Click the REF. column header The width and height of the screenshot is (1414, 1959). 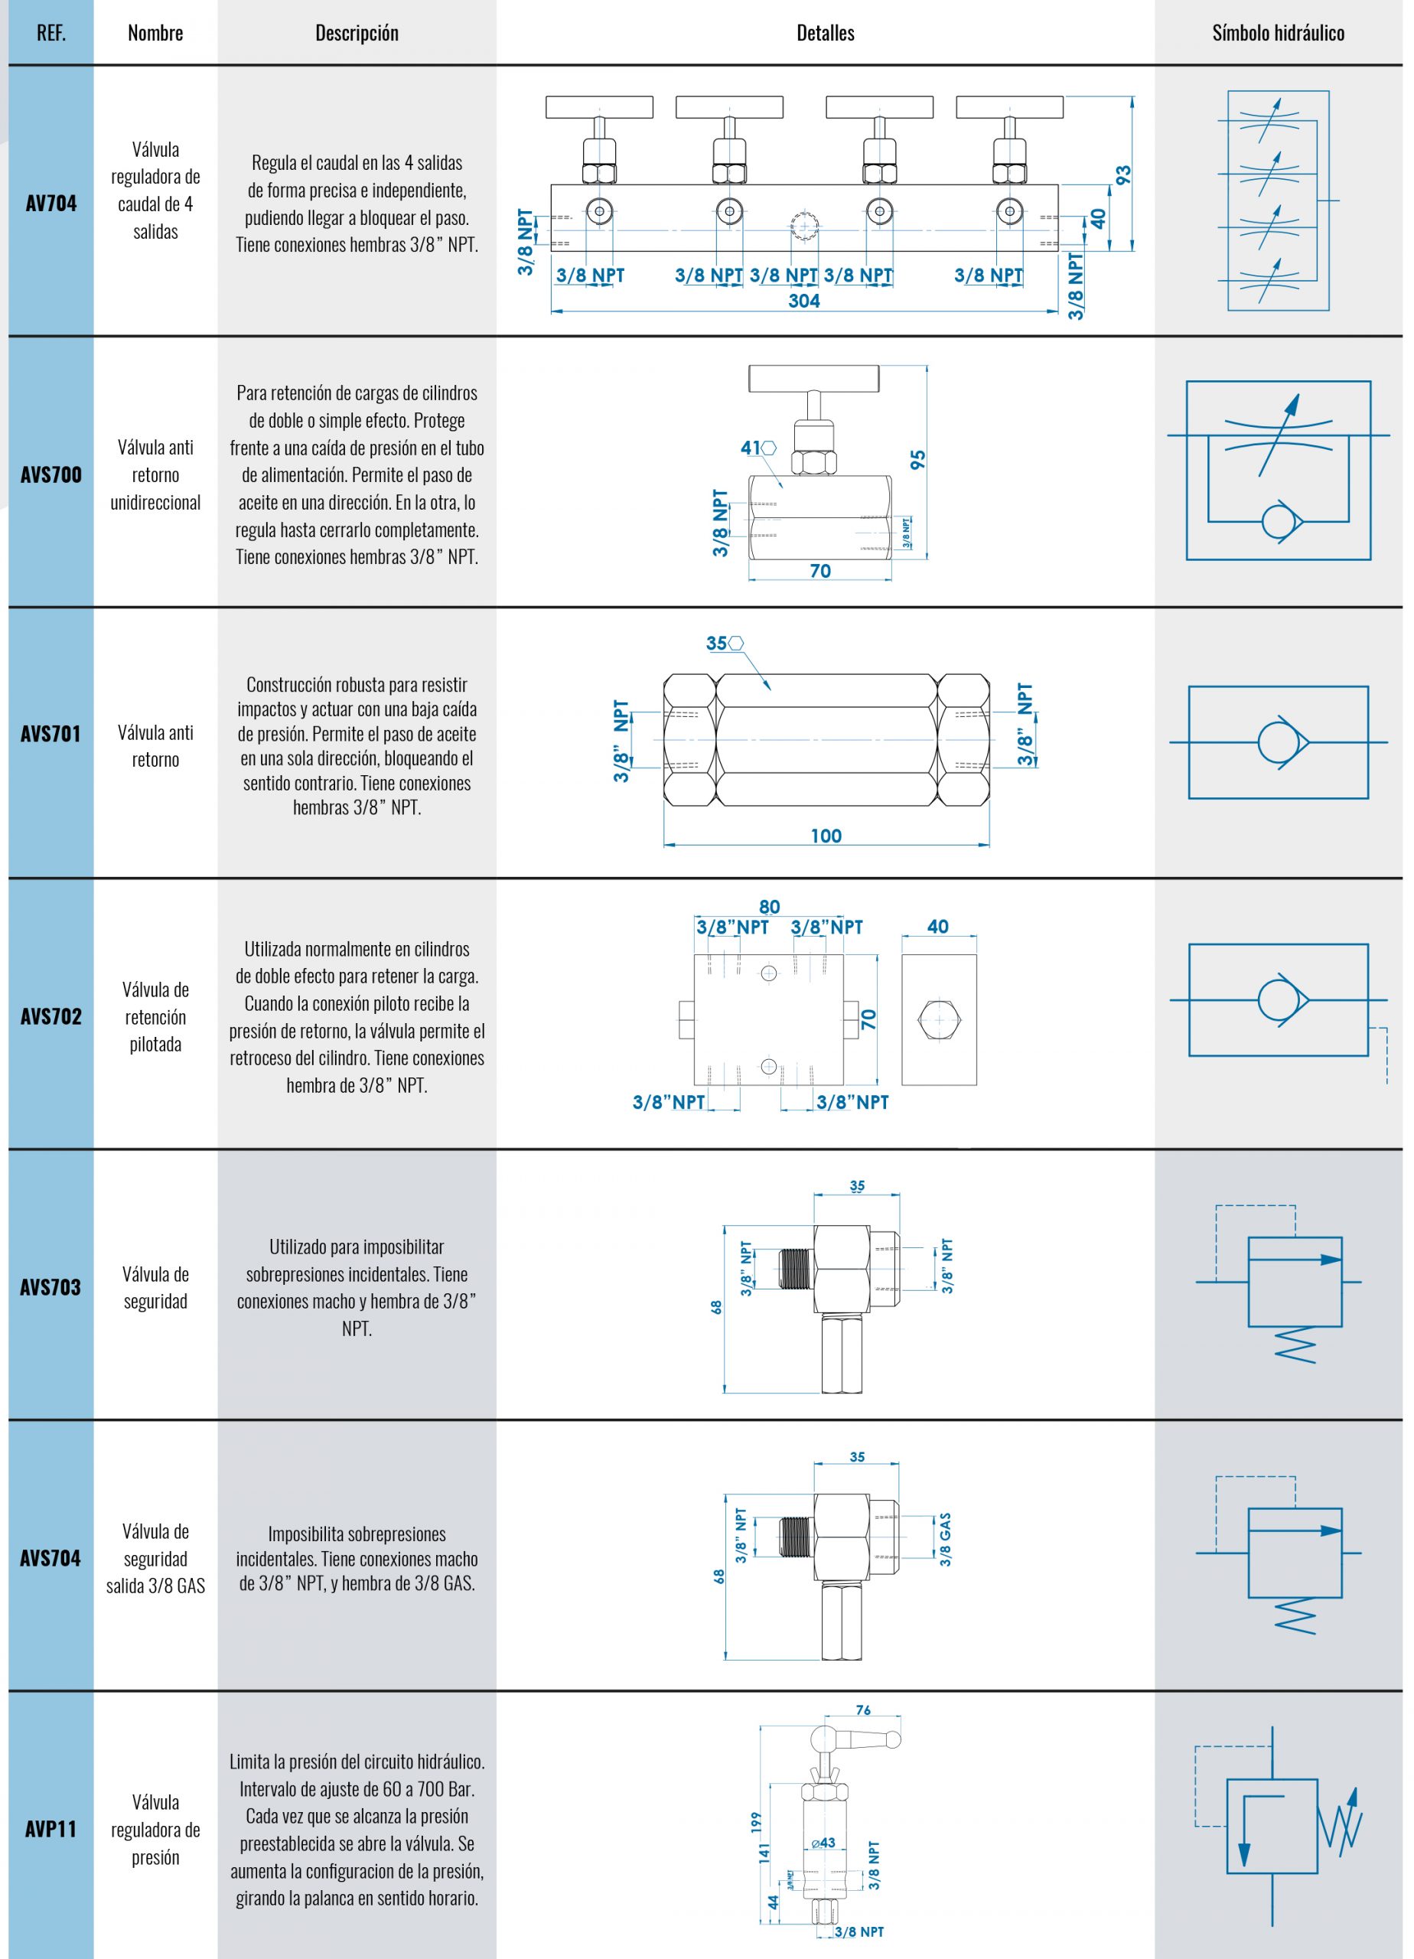pos(51,33)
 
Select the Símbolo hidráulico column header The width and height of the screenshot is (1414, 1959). pos(1278,33)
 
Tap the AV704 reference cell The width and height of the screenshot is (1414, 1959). pos(51,203)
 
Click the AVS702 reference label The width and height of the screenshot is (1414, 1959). pos(51,1015)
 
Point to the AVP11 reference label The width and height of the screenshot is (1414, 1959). pos(51,1829)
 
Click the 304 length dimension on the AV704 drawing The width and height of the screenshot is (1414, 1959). pos(803,301)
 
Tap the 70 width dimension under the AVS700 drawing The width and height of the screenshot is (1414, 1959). pos(819,571)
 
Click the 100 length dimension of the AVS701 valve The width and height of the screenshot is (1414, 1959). pos(826,835)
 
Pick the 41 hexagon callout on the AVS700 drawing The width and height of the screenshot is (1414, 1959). pos(751,448)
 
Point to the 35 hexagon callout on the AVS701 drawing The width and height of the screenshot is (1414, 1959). pos(717,643)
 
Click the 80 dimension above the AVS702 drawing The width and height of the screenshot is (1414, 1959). pos(769,907)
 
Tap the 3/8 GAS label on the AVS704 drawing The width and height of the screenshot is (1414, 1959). pos(946,1539)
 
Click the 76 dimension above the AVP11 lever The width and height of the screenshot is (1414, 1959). pos(863,1710)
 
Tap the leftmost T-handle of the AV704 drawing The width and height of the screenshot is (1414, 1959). pos(598,107)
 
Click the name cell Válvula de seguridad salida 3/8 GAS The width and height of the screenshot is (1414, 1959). pos(155,1558)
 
